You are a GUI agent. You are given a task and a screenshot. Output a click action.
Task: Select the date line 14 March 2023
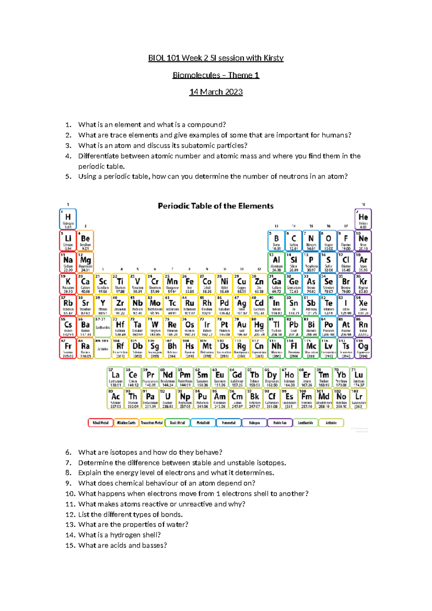pyautogui.click(x=216, y=92)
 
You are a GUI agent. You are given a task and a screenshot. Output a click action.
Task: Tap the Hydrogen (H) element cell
pyautogui.click(x=68, y=219)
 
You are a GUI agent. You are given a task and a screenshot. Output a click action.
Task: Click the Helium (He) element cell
pyautogui.click(x=363, y=219)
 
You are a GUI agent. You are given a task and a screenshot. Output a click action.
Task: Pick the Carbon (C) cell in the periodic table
pyautogui.click(x=294, y=241)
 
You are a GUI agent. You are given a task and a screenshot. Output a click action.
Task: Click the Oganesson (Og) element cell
pyautogui.click(x=363, y=348)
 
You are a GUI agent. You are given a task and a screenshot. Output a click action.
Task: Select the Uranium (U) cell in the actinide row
pyautogui.click(x=167, y=398)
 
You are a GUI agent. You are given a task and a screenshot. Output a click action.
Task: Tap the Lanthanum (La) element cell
pyautogui.click(x=116, y=377)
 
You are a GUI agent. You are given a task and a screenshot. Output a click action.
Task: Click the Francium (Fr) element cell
pyautogui.click(x=68, y=348)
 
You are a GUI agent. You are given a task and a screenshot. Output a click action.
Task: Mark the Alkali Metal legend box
pyautogui.click(x=100, y=423)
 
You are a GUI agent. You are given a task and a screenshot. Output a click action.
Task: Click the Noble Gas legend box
pyautogui.click(x=280, y=423)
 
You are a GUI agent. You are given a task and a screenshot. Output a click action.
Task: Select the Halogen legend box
pyautogui.click(x=254, y=423)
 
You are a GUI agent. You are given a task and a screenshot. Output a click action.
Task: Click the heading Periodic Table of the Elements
pyautogui.click(x=216, y=206)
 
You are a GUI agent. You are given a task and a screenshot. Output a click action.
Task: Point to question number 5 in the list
pyautogui.click(x=68, y=177)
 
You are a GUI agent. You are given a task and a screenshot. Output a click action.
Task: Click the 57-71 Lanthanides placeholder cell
pyautogui.click(x=103, y=327)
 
